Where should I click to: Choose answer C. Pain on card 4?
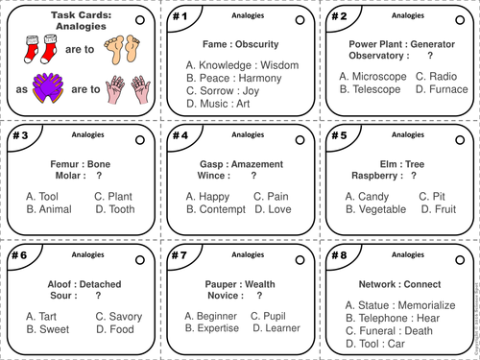pos(273,196)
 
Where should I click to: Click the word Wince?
pos(216,176)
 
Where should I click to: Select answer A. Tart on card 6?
pos(44,317)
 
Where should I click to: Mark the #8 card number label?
pos(339,256)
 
